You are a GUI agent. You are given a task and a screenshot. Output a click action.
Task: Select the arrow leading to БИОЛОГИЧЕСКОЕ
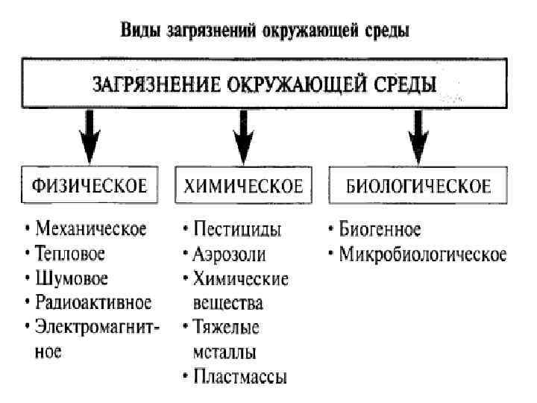(418, 134)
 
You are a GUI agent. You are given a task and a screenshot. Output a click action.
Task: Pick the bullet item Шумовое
(72, 278)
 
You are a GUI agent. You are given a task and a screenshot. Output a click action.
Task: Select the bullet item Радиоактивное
(93, 303)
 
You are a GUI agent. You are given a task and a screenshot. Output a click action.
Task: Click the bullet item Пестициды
(237, 228)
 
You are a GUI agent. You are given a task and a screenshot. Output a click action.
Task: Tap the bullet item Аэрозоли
(229, 254)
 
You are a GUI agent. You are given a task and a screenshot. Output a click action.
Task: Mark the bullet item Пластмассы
(239, 376)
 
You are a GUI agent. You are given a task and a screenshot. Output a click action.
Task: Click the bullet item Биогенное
(380, 228)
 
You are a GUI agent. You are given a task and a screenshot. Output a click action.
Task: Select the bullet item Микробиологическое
(422, 254)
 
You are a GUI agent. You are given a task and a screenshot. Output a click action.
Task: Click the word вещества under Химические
(228, 303)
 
